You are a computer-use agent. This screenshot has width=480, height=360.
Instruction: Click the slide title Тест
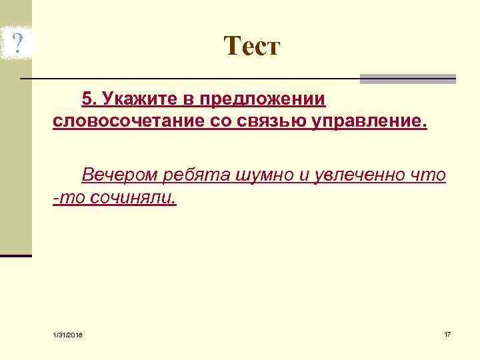click(x=252, y=46)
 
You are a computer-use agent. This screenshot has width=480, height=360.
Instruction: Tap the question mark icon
click(x=18, y=44)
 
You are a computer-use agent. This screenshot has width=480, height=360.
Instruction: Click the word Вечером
click(x=118, y=175)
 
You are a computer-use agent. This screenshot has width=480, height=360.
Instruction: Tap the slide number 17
click(x=447, y=333)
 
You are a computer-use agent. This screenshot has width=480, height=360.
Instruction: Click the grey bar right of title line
click(x=407, y=79)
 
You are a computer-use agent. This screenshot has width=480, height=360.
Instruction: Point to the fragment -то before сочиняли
click(x=69, y=198)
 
